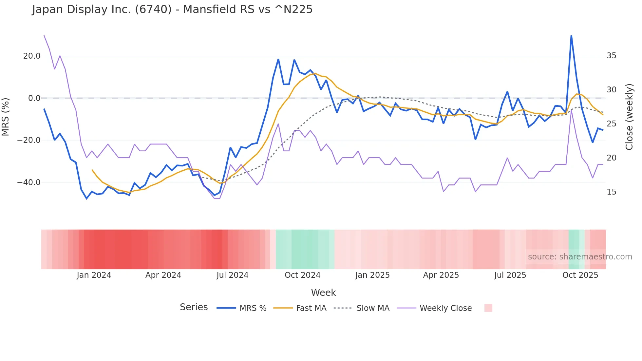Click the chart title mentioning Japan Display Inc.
(172, 9)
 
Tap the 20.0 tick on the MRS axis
(32, 56)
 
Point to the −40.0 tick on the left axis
(29, 182)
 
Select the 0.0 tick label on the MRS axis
(34, 98)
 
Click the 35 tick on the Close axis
(611, 56)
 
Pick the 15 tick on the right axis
(611, 192)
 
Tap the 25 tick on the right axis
(611, 124)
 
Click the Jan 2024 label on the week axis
(94, 275)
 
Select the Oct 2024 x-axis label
(302, 275)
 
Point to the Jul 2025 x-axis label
(510, 275)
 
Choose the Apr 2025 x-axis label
(441, 275)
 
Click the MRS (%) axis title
(6, 117)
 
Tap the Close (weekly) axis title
(629, 117)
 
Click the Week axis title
(323, 293)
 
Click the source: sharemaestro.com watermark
(580, 257)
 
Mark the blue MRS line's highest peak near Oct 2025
(571, 36)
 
